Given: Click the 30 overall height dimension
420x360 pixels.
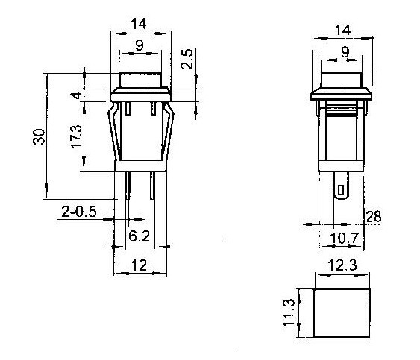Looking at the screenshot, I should click(40, 136).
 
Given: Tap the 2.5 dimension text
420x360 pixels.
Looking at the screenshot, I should click(188, 60).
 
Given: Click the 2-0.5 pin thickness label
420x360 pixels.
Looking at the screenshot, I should click(79, 212).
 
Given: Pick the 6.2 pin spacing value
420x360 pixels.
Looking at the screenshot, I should click(140, 236).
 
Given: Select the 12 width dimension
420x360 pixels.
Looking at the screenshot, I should click(140, 265).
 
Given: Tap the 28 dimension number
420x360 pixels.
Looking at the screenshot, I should click(374, 216).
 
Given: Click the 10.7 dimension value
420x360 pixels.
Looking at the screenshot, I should click(342, 239).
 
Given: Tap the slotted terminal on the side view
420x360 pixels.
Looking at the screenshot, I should click(342, 189).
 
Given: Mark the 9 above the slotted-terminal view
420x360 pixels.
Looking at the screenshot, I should click(344, 52).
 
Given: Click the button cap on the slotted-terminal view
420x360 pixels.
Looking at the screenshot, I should click(343, 78).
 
